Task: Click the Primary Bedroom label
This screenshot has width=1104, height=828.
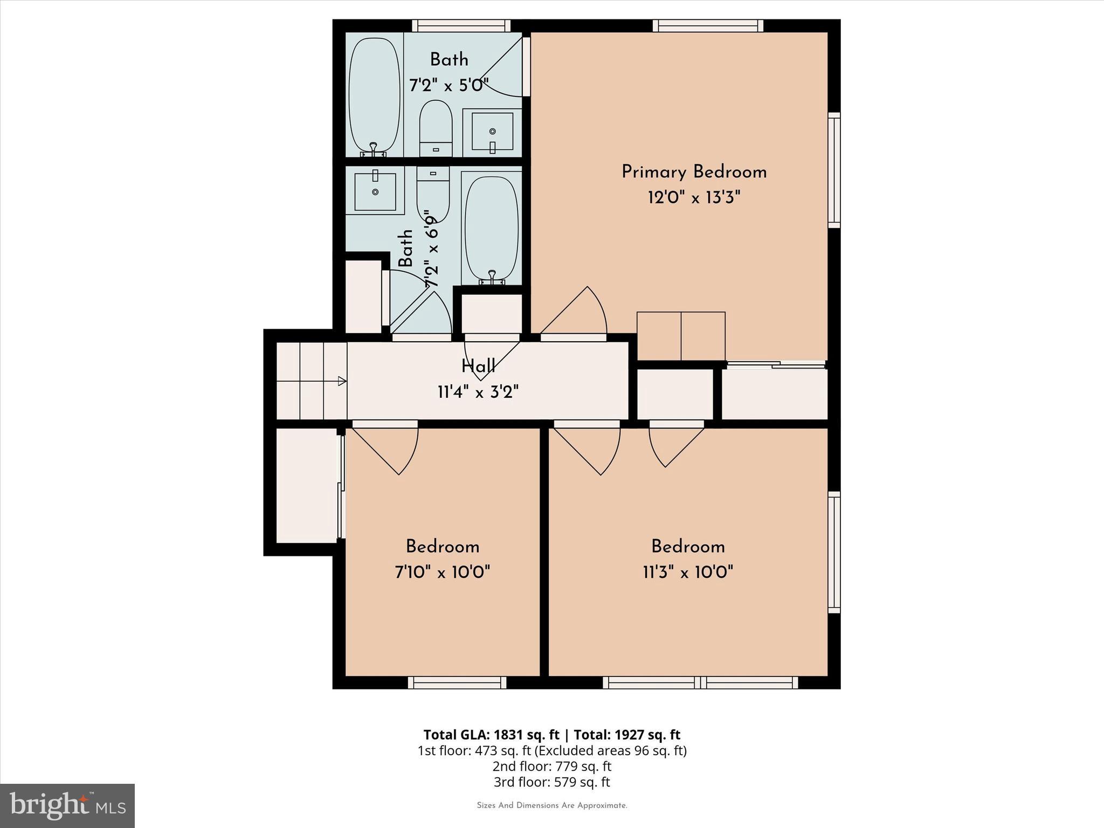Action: (694, 172)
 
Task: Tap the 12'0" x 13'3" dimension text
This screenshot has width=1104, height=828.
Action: (694, 198)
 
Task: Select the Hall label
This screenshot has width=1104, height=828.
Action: (478, 367)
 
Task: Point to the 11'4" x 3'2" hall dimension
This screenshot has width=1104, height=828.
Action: (478, 392)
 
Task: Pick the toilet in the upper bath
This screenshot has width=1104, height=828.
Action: (436, 128)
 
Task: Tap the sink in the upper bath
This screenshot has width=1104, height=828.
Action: (492, 132)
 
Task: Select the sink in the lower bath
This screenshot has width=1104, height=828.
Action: (375, 190)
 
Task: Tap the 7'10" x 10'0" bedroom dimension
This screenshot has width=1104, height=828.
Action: (443, 572)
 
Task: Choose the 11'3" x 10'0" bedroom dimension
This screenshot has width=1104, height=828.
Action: (688, 572)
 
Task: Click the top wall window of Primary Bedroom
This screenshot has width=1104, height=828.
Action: (708, 25)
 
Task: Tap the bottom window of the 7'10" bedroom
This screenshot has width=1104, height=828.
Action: (457, 683)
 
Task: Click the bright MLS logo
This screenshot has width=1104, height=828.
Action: (67, 805)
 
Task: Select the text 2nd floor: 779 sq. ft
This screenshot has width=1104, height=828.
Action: (551, 766)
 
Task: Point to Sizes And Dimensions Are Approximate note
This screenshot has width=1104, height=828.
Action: (552, 805)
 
